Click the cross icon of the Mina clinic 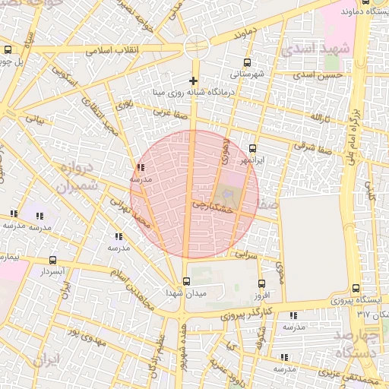194,81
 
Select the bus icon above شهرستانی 246,63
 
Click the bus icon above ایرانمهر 253,149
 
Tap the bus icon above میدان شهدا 187,280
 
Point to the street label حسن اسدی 324,75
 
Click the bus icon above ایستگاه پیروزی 356,288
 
